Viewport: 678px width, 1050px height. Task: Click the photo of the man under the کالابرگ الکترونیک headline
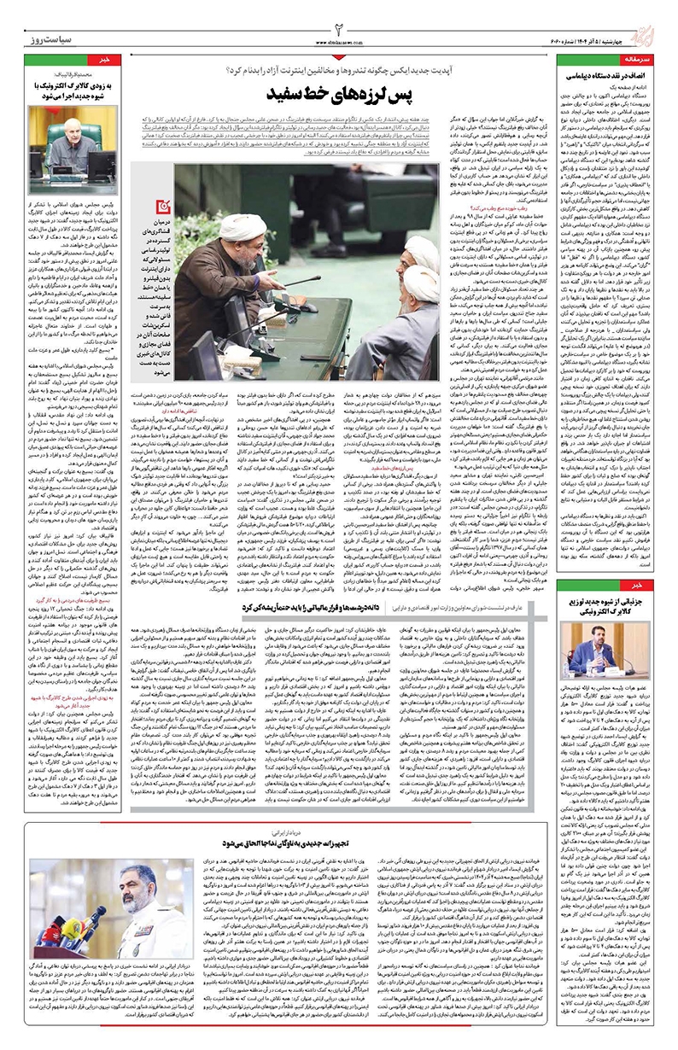click(77, 137)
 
